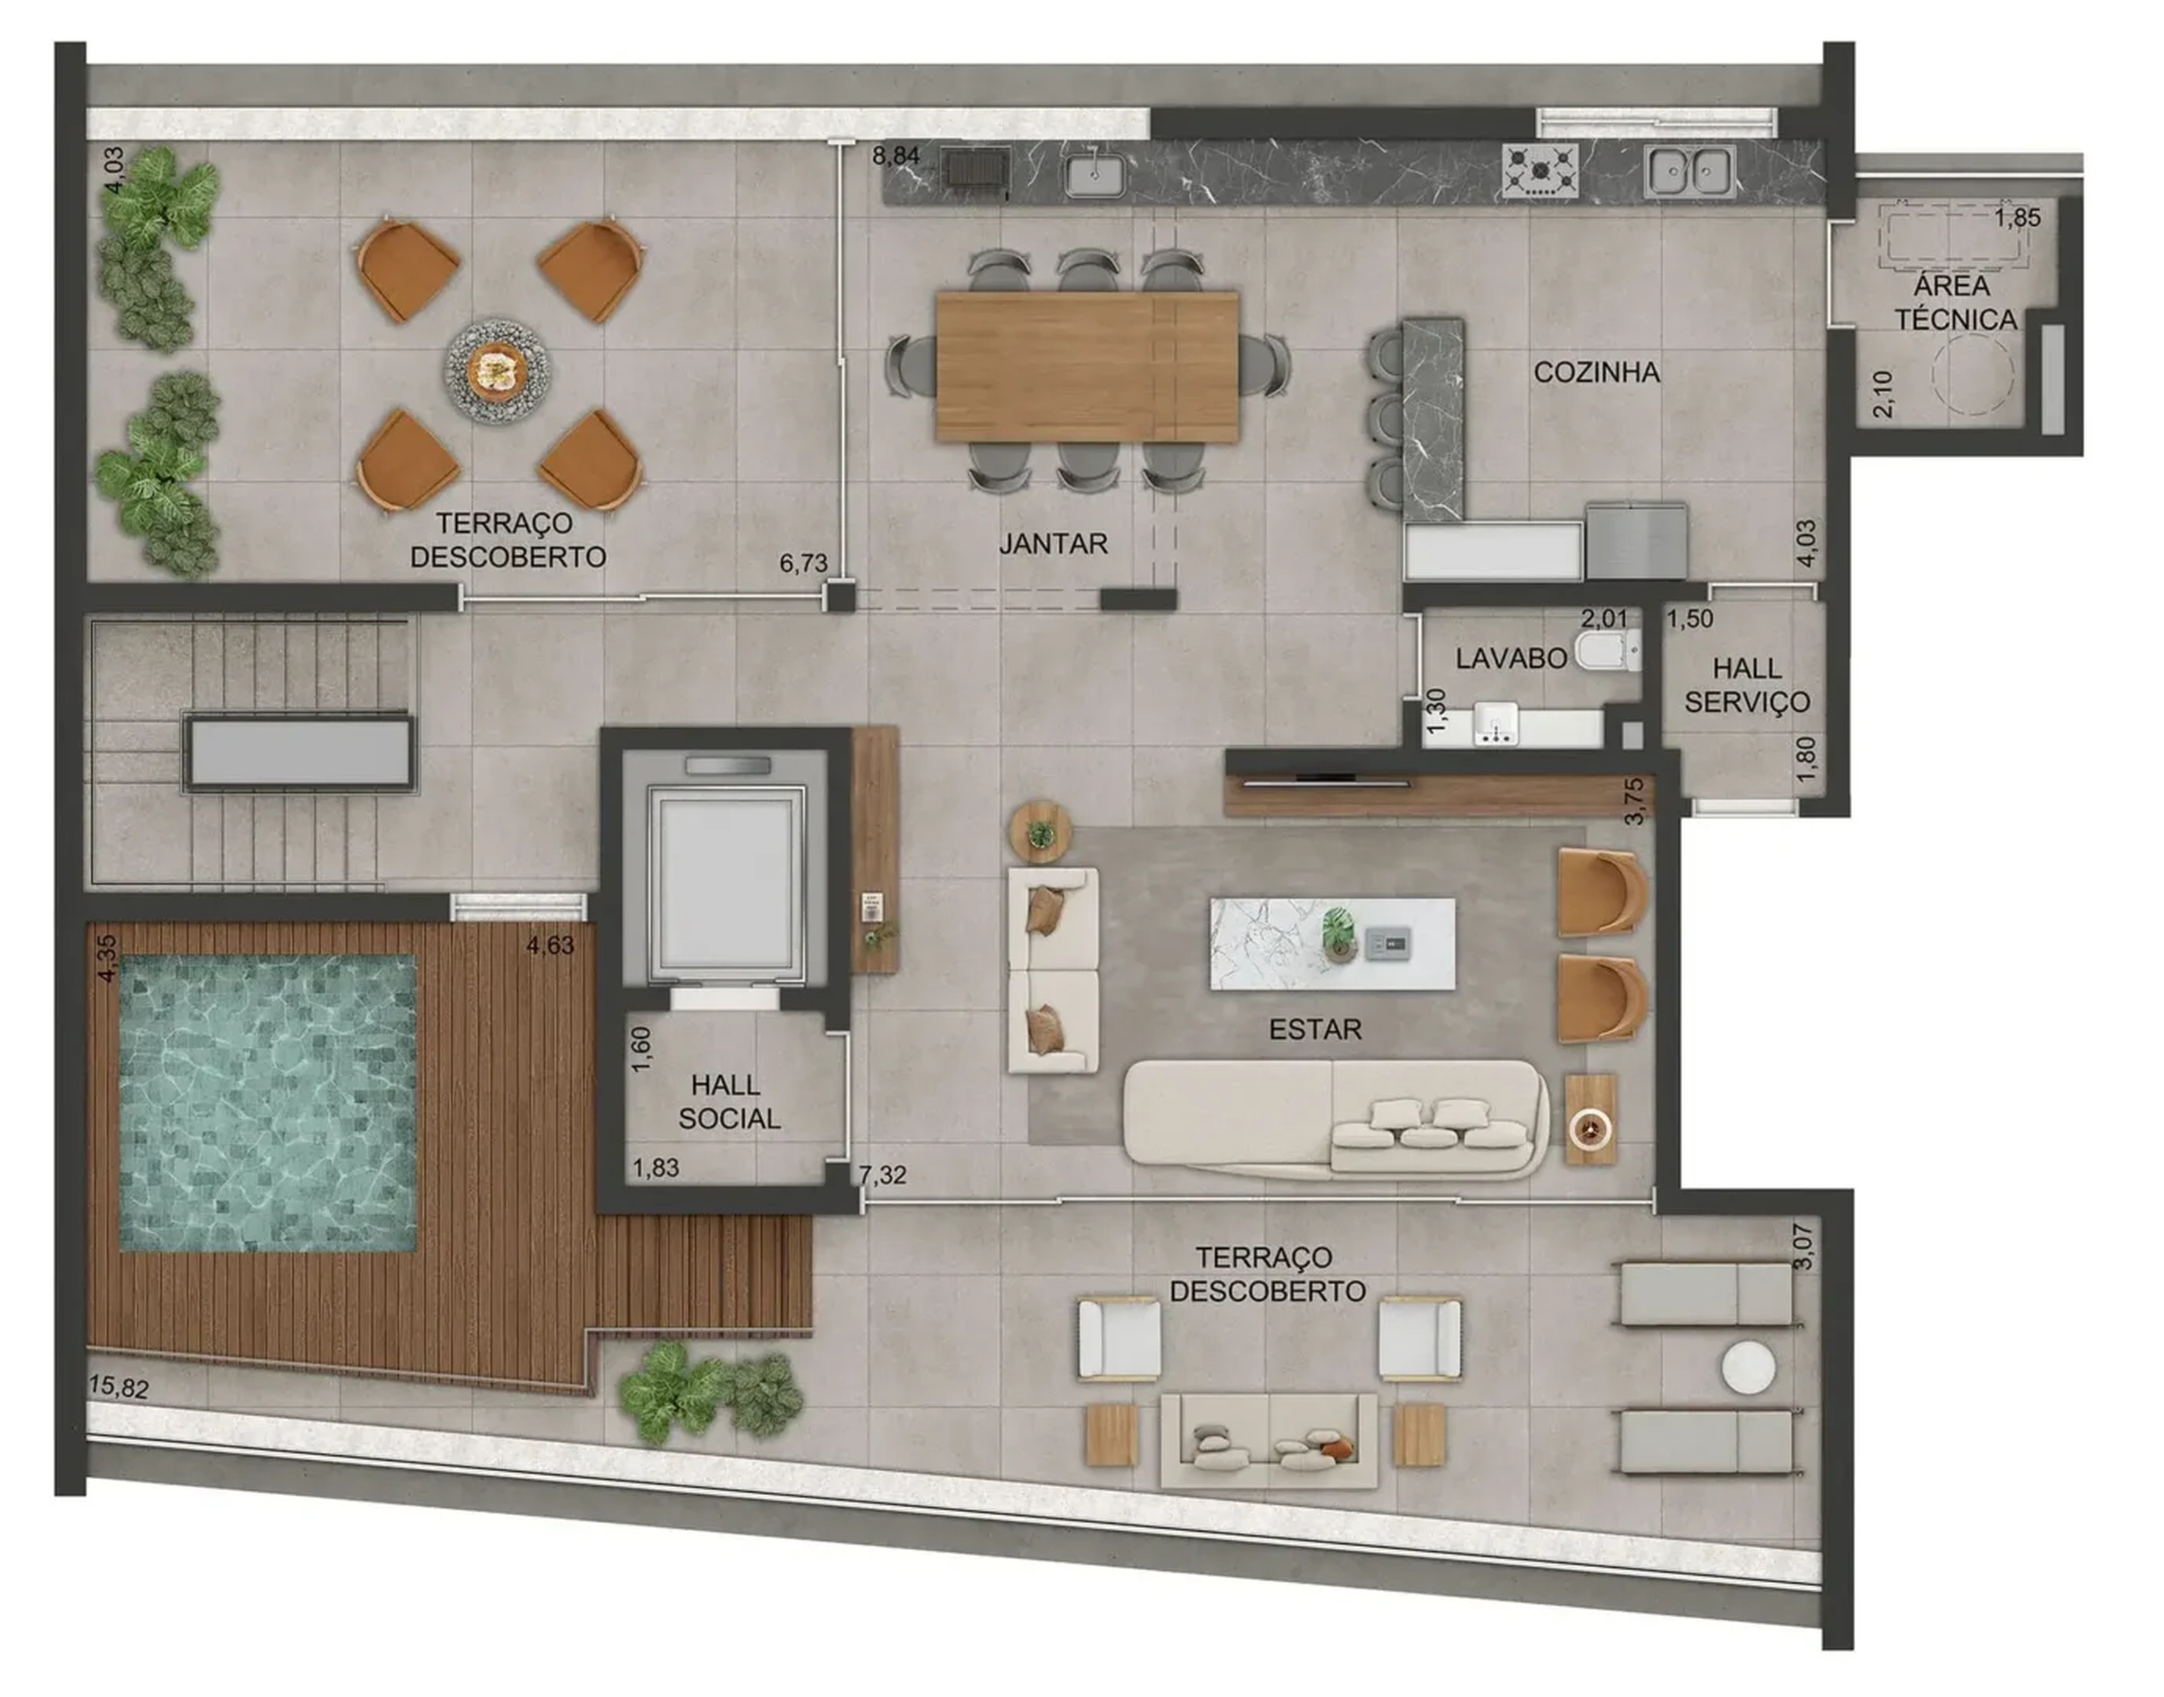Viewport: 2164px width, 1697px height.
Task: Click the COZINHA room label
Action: [1595, 372]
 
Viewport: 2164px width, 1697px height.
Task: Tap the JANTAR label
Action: [1053, 544]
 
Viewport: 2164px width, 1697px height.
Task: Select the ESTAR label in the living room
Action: [1315, 1030]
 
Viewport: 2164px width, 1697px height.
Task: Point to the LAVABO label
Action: [1510, 658]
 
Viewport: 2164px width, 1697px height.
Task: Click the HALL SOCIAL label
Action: [728, 1102]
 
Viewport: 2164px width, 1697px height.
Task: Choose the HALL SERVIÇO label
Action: [1746, 684]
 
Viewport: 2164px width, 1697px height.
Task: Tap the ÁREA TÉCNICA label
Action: [1954, 303]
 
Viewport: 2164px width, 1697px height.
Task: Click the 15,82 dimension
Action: [119, 1387]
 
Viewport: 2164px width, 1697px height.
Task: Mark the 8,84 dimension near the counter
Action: [895, 156]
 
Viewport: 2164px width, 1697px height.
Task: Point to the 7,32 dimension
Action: [883, 1174]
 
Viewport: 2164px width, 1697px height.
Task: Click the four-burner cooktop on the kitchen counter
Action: [1539, 171]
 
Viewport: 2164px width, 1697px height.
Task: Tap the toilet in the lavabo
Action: [1608, 652]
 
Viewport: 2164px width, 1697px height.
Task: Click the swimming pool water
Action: [268, 1102]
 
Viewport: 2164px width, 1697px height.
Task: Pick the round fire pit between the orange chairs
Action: [495, 370]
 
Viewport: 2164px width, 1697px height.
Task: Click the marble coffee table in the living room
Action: [1332, 943]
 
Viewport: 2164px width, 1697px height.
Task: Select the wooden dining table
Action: [1086, 365]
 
